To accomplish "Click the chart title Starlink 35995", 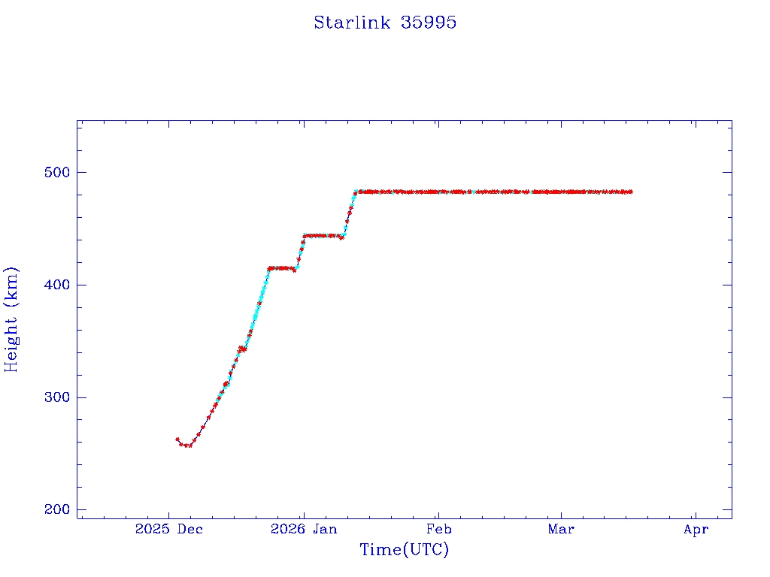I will click(x=385, y=23).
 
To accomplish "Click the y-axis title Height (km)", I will click(x=11, y=319).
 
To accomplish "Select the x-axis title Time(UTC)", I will click(x=404, y=550).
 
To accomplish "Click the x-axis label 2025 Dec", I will click(x=169, y=530).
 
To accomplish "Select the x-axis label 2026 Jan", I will click(x=304, y=530).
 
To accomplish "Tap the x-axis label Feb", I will click(x=438, y=530).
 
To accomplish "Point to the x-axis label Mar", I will click(x=561, y=530).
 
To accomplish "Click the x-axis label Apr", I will click(x=696, y=530).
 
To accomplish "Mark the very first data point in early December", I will click(x=177, y=440).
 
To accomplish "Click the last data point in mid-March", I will click(x=631, y=192).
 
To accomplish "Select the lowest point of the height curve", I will click(x=188, y=446).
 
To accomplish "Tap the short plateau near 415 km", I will click(x=281, y=268).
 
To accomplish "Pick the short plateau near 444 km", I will click(x=322, y=235).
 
